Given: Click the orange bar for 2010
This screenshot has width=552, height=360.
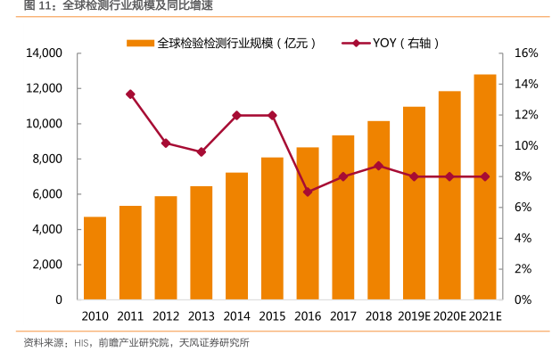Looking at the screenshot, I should coord(95,258).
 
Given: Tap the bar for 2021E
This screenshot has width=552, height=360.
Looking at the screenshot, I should coord(485,187).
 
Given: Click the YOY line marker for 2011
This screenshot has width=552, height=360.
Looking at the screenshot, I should coord(130,94).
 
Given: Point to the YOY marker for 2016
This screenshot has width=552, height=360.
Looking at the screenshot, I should coord(308,192).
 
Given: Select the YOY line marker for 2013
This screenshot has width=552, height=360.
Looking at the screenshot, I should coord(202,151).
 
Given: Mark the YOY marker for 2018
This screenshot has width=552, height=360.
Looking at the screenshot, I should coord(378,166).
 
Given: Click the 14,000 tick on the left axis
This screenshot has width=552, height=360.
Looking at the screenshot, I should coord(43,53).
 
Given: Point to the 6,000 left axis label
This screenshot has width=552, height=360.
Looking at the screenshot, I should coord(45,194).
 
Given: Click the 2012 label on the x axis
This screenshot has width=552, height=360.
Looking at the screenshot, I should coord(166,315).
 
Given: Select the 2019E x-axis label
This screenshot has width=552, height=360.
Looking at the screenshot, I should coord(414,315).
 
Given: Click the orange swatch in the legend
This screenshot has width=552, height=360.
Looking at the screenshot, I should coord(140,43).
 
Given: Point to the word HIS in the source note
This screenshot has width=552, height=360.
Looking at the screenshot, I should coord(83,343).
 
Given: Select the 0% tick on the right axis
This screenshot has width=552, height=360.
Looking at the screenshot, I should coord(523,300).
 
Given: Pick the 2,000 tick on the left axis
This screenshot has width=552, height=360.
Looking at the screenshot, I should coord(45,265).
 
